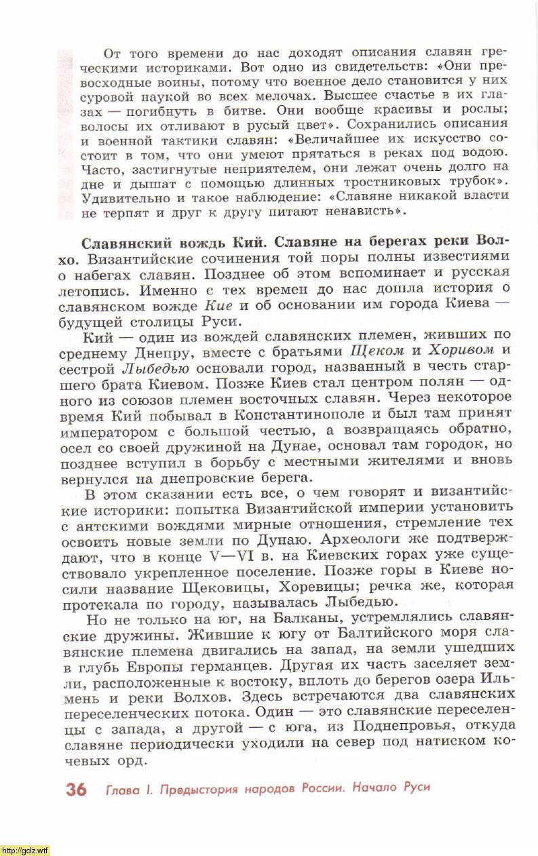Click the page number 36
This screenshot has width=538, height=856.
(x=75, y=789)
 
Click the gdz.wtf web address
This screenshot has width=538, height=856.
(x=25, y=851)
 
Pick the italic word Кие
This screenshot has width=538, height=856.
(x=218, y=304)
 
